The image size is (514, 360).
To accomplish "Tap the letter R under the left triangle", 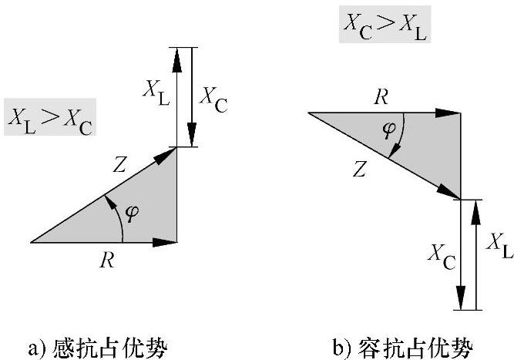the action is (x=107, y=261).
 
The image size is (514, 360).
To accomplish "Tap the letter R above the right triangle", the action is (x=381, y=96).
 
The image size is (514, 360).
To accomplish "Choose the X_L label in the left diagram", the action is (x=154, y=92).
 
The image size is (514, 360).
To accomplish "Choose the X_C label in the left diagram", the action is (x=213, y=98).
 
